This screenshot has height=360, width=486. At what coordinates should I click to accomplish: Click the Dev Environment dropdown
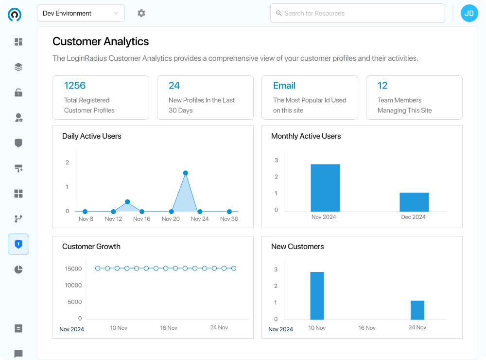(x=81, y=14)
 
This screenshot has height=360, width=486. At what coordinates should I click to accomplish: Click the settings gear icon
(x=141, y=14)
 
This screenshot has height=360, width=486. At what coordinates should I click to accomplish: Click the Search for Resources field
(x=357, y=14)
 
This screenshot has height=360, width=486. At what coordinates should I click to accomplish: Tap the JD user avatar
(x=469, y=14)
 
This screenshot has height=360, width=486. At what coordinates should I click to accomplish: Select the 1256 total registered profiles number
(x=75, y=86)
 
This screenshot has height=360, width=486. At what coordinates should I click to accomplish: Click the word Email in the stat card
(x=284, y=86)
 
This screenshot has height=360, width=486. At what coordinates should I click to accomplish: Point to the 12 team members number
(x=382, y=86)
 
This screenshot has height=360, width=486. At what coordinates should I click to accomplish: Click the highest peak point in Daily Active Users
(x=186, y=173)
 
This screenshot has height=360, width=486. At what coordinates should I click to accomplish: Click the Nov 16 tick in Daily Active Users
(x=141, y=219)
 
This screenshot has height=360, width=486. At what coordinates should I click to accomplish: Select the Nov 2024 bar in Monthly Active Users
(x=325, y=188)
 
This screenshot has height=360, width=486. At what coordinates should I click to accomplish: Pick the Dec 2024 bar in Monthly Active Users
(x=414, y=202)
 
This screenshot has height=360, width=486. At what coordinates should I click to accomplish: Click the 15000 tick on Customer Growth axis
(x=73, y=269)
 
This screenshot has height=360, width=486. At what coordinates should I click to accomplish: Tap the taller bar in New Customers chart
(x=317, y=295)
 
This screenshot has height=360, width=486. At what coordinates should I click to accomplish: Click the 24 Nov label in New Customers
(x=417, y=327)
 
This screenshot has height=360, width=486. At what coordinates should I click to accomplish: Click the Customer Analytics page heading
(x=101, y=42)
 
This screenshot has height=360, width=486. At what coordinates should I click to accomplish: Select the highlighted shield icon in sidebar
(x=18, y=244)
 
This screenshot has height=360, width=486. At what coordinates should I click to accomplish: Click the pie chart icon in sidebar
(x=18, y=270)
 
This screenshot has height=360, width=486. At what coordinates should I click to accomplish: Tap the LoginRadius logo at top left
(x=15, y=15)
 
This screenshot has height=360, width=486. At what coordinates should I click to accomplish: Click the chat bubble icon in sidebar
(x=18, y=354)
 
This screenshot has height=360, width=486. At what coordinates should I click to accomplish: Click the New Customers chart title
(x=297, y=247)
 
